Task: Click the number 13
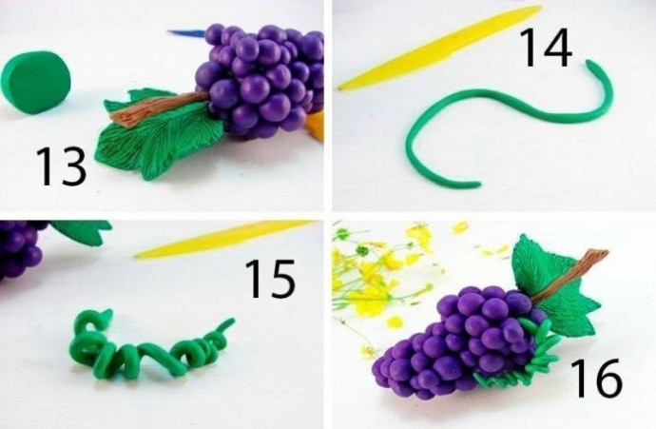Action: [x=62, y=166]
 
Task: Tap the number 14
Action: [x=545, y=47]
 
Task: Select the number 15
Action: [x=270, y=279]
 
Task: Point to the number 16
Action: [x=596, y=379]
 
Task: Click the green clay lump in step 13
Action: [x=35, y=82]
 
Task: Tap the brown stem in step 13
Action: [x=159, y=108]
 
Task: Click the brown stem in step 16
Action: [x=569, y=276]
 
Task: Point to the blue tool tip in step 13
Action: [x=186, y=32]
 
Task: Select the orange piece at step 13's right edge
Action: [x=316, y=126]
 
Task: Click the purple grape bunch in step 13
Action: [x=260, y=80]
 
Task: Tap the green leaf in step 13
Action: [x=159, y=134]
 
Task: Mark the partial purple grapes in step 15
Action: [x=21, y=249]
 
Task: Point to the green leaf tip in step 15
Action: [x=82, y=232]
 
